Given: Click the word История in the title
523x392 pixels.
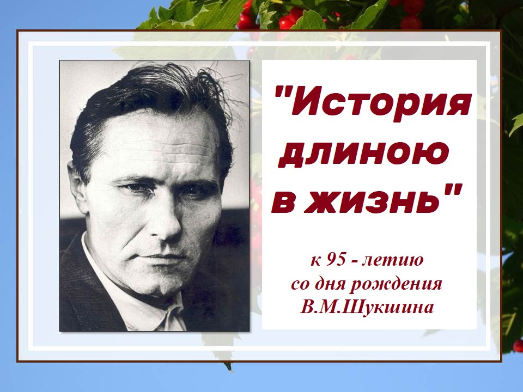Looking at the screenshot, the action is pyautogui.click(x=381, y=104).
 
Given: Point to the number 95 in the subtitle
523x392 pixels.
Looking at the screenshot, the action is pyautogui.click(x=336, y=259).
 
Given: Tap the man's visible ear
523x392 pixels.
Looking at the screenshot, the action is pyautogui.click(x=77, y=187).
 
